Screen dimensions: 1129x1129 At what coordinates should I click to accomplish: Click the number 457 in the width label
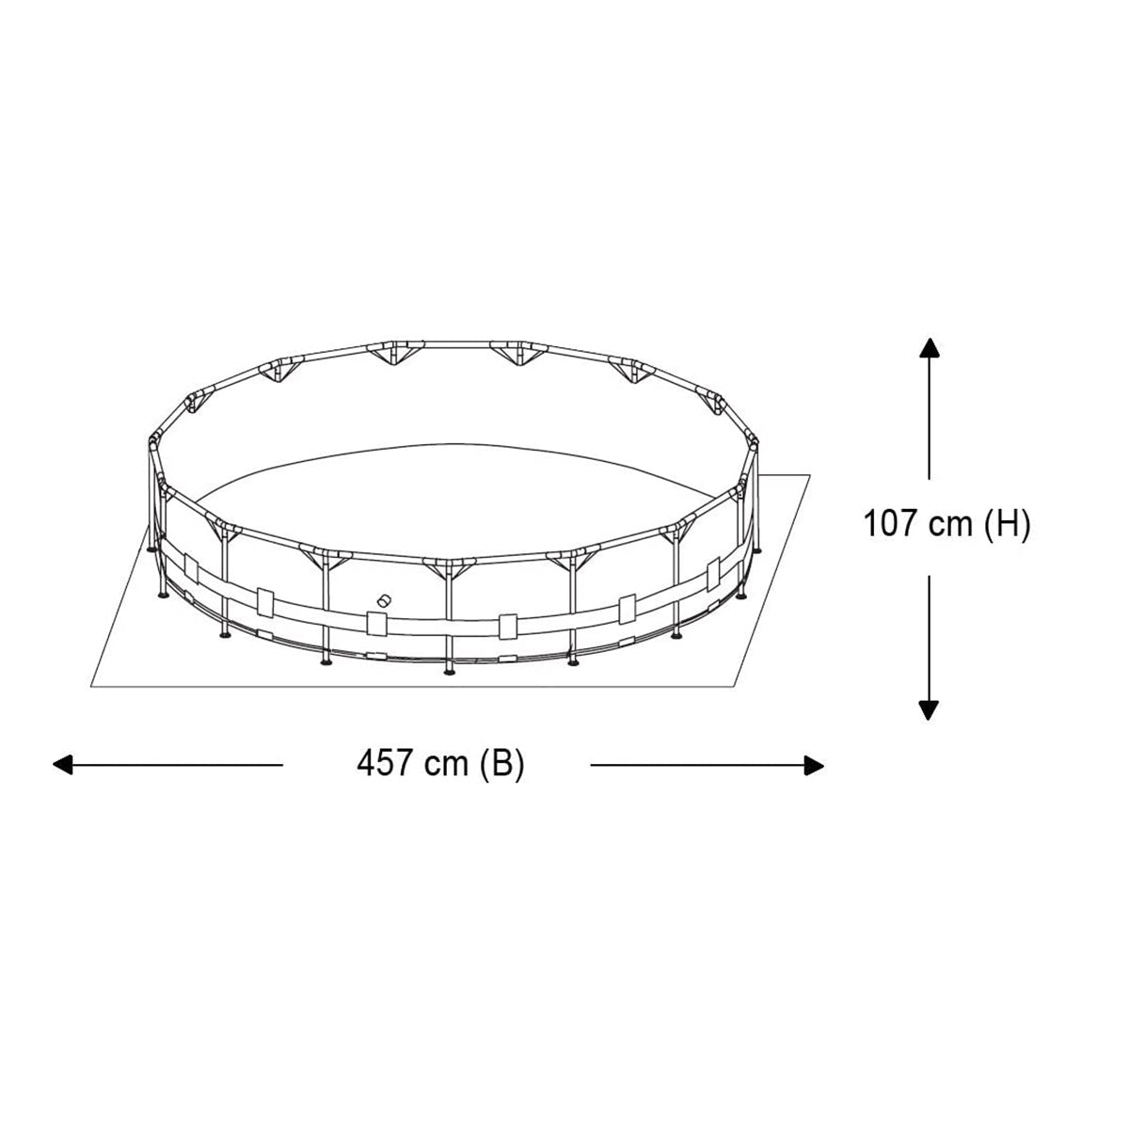(x=386, y=763)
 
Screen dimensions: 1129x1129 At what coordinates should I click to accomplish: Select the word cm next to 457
(x=446, y=763)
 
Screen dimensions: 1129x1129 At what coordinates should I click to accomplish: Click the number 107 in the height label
(x=891, y=524)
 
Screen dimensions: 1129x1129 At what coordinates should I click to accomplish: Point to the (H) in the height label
(x=1007, y=524)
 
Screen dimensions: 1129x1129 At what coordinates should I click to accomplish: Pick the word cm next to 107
(x=950, y=524)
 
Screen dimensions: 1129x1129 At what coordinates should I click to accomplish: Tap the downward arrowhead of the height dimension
(x=930, y=710)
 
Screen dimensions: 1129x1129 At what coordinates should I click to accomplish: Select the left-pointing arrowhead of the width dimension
(x=62, y=765)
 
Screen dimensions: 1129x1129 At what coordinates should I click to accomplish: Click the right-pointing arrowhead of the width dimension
(x=815, y=765)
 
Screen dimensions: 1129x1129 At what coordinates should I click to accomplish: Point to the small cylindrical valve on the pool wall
(x=383, y=600)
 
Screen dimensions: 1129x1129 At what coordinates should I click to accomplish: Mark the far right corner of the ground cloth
(x=810, y=476)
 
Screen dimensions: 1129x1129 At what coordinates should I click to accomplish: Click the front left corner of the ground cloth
(x=91, y=686)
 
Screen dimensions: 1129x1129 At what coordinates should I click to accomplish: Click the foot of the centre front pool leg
(x=449, y=670)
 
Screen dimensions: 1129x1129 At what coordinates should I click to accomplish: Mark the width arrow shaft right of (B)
(x=696, y=765)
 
